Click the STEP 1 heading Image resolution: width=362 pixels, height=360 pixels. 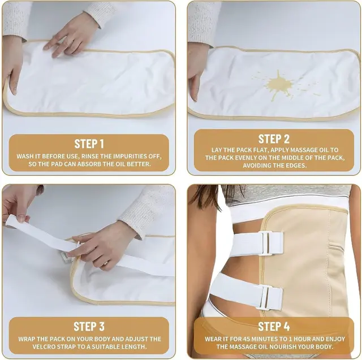[x=89, y=144]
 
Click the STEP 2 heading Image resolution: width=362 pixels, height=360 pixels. [x=274, y=139]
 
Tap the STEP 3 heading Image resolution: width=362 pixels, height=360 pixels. [x=89, y=327]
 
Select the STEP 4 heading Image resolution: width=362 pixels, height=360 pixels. [x=274, y=327]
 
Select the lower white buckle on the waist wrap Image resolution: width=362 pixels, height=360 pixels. [x=264, y=297]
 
